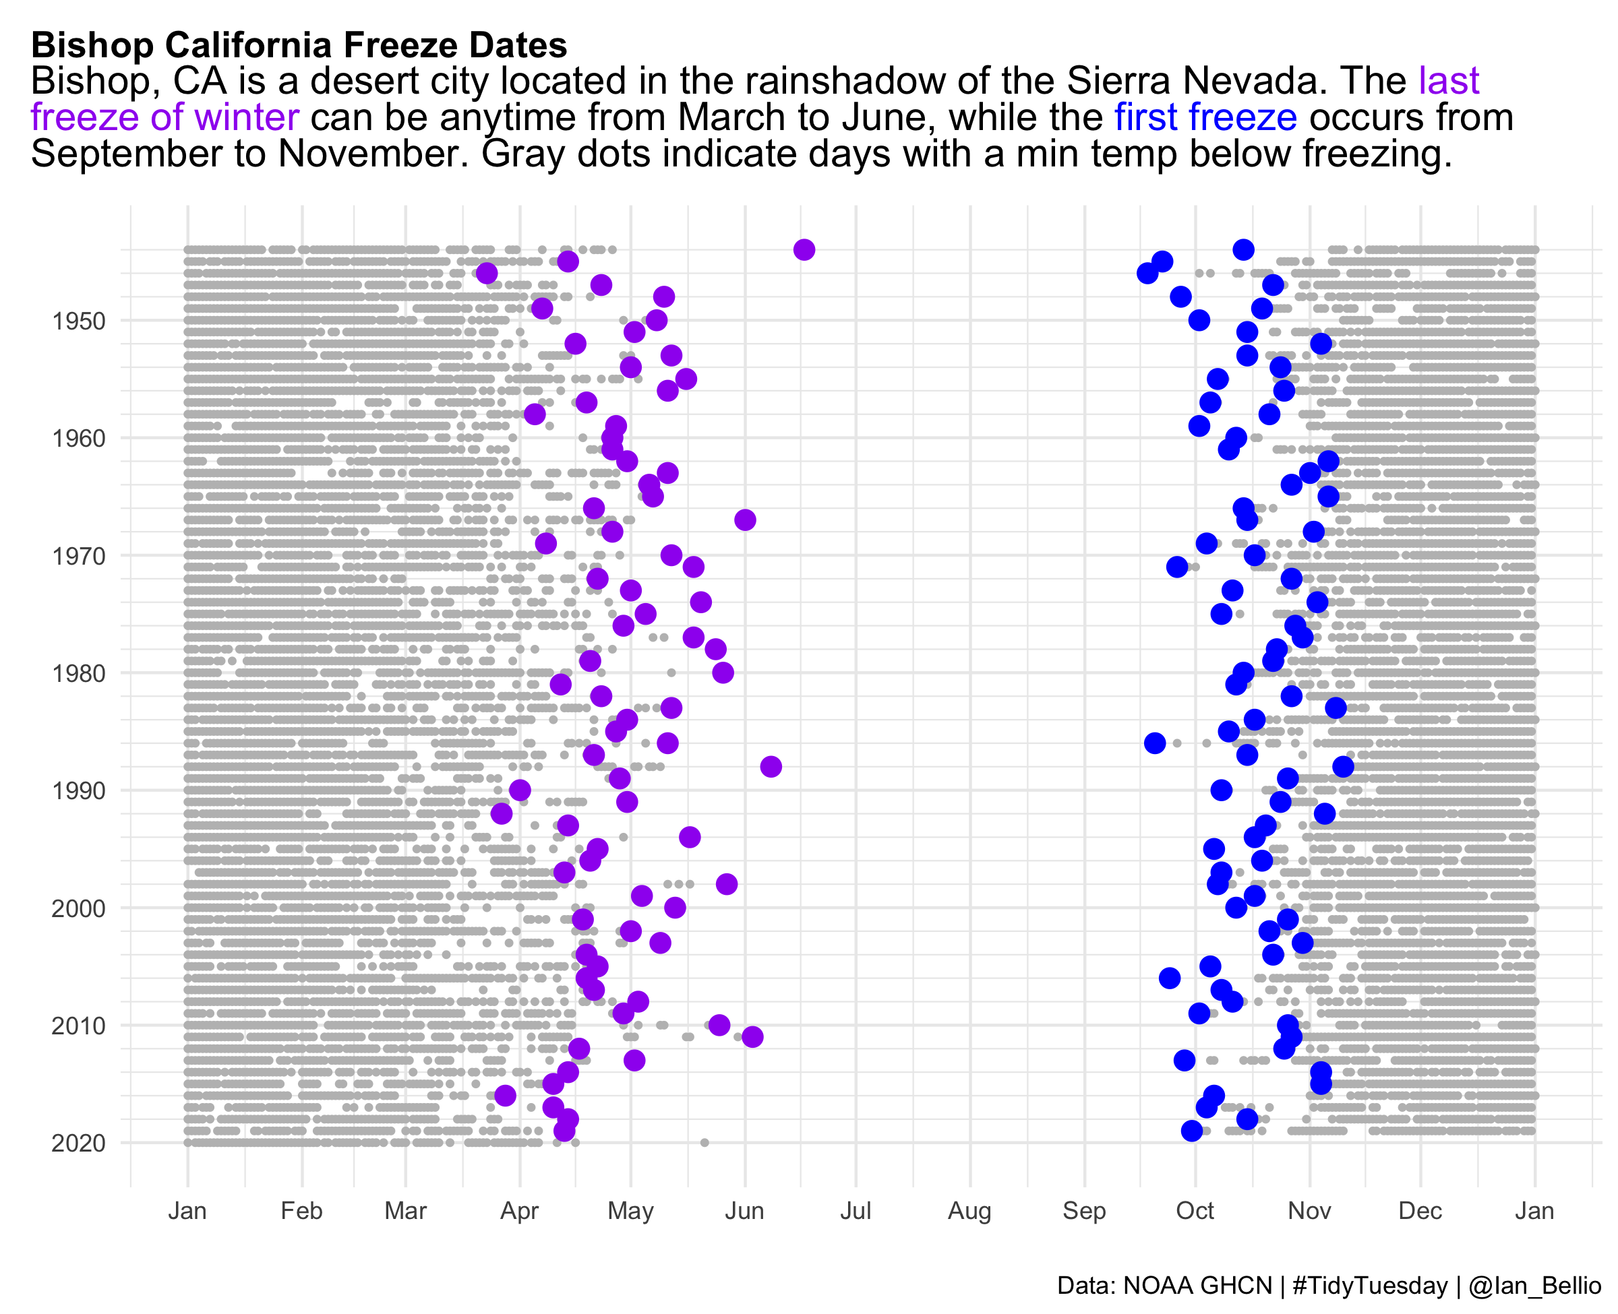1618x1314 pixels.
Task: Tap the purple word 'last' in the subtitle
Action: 1448,81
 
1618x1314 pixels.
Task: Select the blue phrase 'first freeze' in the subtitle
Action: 1205,117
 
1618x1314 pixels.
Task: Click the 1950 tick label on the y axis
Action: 78,321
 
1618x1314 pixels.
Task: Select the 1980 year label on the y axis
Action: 78,673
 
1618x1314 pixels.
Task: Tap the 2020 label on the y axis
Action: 78,1143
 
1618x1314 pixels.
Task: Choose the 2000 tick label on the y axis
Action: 78,908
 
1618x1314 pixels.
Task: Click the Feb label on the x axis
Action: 301,1211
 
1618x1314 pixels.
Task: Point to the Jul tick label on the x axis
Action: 856,1211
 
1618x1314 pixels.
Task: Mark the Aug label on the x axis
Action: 969,1211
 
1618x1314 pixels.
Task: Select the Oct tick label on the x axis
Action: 1195,1211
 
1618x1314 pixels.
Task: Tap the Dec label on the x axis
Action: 1420,1211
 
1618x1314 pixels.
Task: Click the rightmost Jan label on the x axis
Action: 1534,1211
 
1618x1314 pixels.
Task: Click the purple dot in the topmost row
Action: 804,250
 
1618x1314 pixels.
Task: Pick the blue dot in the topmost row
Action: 1242,250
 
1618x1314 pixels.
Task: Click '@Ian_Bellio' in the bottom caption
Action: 1534,1286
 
